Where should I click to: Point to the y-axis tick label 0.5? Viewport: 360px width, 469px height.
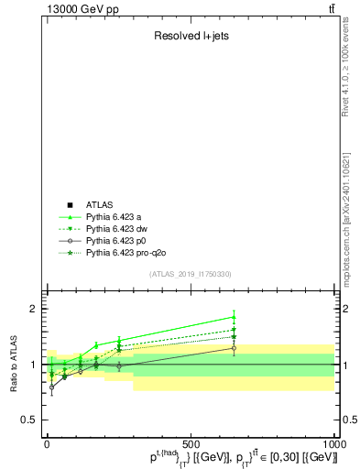click(x=26, y=420)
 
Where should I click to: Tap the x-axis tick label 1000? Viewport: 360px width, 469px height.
click(x=333, y=443)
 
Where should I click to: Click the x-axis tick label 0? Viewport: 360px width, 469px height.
click(x=47, y=443)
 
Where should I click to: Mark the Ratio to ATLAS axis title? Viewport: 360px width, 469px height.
click(x=14, y=365)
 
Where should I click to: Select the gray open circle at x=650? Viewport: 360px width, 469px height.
click(x=234, y=348)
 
